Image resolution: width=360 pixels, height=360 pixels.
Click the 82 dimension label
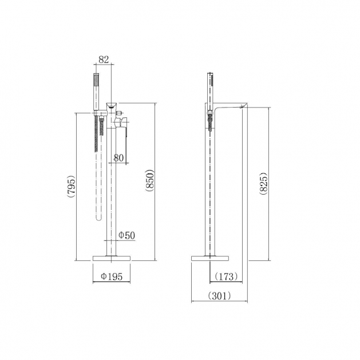coord(104,60)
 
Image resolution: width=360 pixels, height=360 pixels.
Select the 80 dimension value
coord(118,158)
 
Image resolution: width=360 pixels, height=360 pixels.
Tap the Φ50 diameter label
coord(126,235)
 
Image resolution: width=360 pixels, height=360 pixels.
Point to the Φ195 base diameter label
coord(112,276)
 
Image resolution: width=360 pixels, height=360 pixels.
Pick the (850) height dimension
coord(150,180)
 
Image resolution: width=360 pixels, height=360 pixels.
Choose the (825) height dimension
coord(264,184)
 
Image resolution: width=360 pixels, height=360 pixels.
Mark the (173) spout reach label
coord(226,276)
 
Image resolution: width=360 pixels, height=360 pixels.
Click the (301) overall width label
coord(219,296)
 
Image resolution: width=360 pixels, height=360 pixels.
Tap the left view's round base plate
coord(112,258)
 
